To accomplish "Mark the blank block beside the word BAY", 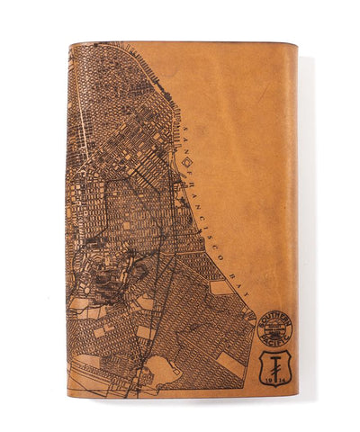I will click(220, 288).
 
